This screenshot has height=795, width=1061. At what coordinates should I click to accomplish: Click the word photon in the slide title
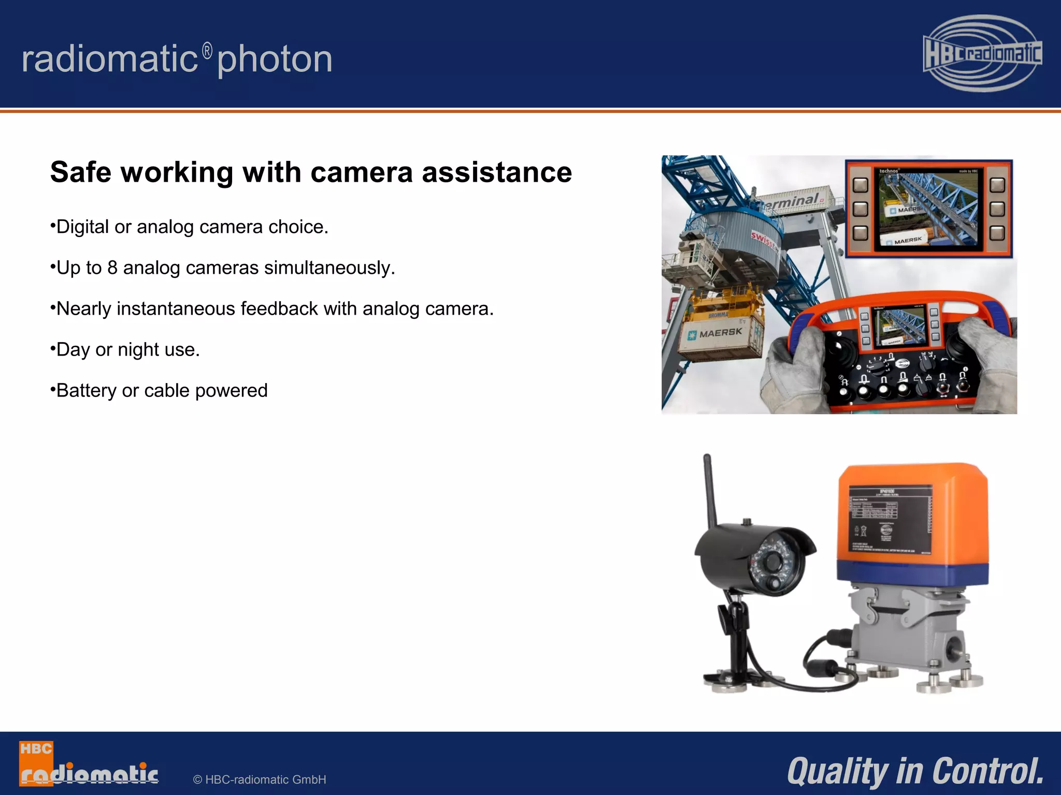click(275, 60)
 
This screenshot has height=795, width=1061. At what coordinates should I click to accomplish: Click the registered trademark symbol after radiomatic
click(207, 51)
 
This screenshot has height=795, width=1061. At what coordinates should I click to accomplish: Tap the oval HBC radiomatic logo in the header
click(982, 53)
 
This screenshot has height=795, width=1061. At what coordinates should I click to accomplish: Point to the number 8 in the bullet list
click(112, 268)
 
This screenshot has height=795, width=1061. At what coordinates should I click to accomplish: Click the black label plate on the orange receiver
click(889, 521)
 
